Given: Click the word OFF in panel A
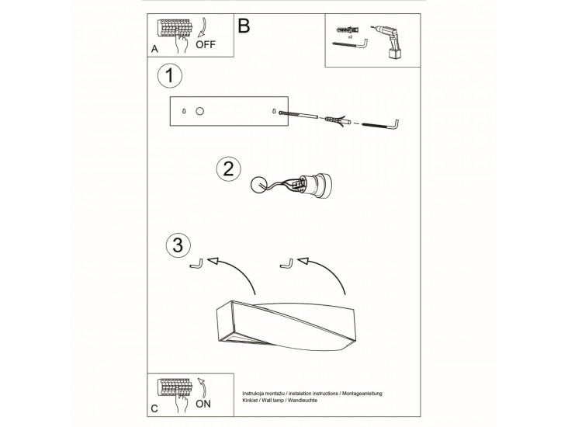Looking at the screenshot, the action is pyautogui.click(x=206, y=44).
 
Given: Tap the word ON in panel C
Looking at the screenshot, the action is pyautogui.click(x=203, y=404).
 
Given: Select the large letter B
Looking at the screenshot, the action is pyautogui.click(x=244, y=26).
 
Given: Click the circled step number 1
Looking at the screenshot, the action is pyautogui.click(x=170, y=76).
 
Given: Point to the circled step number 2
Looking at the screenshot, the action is pyautogui.click(x=229, y=169).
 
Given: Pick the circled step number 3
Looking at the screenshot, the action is pyautogui.click(x=178, y=245).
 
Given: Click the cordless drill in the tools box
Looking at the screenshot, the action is pyautogui.click(x=387, y=42).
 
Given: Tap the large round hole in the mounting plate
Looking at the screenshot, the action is pyautogui.click(x=199, y=111).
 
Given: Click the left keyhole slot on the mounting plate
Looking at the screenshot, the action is pyautogui.click(x=184, y=111).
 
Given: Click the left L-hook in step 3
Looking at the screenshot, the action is pyautogui.click(x=196, y=264).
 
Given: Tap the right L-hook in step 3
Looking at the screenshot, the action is pyautogui.click(x=286, y=263).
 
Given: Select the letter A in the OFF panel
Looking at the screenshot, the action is pyautogui.click(x=154, y=49).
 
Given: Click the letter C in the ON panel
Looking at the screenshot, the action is pyautogui.click(x=154, y=409).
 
